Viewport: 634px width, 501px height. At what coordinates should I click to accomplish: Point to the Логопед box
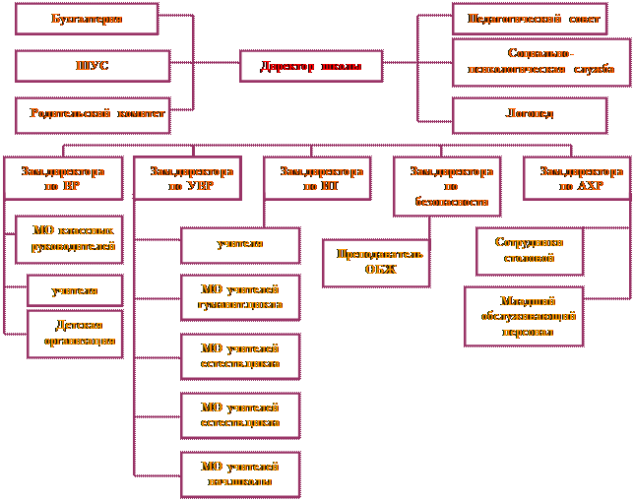coord(529,114)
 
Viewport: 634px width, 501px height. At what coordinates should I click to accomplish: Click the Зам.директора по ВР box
coord(62,178)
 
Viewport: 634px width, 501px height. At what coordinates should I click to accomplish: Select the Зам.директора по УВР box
coord(191,178)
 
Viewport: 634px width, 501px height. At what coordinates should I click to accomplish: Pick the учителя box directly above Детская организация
coord(75,290)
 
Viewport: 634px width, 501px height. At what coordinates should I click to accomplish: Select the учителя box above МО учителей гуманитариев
coord(239,244)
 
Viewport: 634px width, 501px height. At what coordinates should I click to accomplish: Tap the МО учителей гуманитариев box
coord(239,297)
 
